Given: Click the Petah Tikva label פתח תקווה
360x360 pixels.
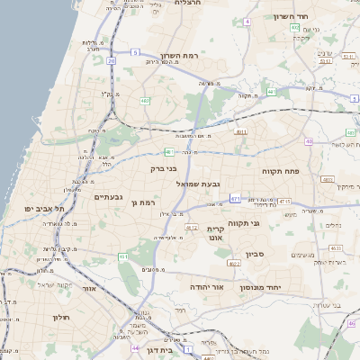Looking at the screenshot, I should pos(279,171).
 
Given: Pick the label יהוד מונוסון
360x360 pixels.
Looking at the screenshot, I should pos(261,287).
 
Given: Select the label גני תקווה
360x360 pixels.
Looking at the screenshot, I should pos(243,222).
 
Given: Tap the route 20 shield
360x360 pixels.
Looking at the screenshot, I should pos(112,61).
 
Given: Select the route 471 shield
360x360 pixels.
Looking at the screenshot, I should pos(235,198).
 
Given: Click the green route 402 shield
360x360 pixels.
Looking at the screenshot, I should pos(294,28).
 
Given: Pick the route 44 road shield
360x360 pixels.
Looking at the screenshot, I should pos(134,347).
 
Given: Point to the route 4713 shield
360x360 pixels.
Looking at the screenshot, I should pos(284,202).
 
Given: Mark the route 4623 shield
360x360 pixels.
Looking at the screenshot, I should pos(336,247).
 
